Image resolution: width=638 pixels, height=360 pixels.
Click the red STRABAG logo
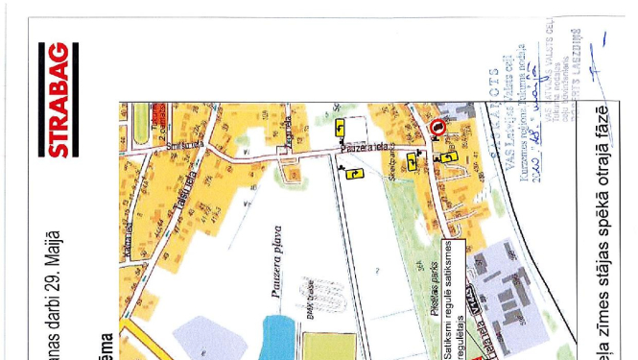58,100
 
